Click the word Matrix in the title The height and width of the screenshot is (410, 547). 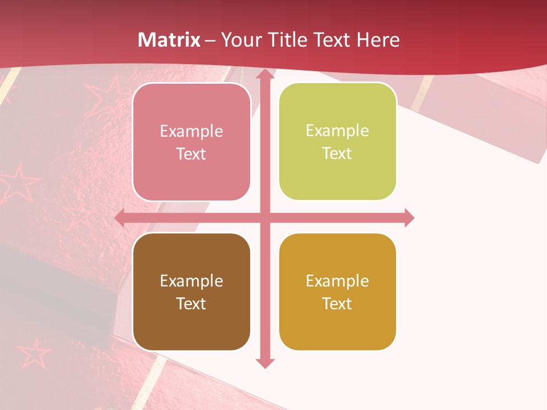[x=169, y=40]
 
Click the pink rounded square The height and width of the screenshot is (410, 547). [x=191, y=142]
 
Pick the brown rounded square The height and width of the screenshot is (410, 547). [x=191, y=292]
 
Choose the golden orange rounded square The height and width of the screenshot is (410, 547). [x=337, y=292]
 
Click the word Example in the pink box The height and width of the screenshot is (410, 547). [x=191, y=132]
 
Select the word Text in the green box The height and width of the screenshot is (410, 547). [x=337, y=153]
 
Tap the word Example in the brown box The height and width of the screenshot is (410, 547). [x=191, y=281]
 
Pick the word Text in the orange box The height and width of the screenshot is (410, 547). [x=337, y=304]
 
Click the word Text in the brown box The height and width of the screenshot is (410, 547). [x=191, y=304]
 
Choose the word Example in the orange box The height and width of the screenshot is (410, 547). [x=337, y=281]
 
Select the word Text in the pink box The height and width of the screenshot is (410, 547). [x=191, y=154]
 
